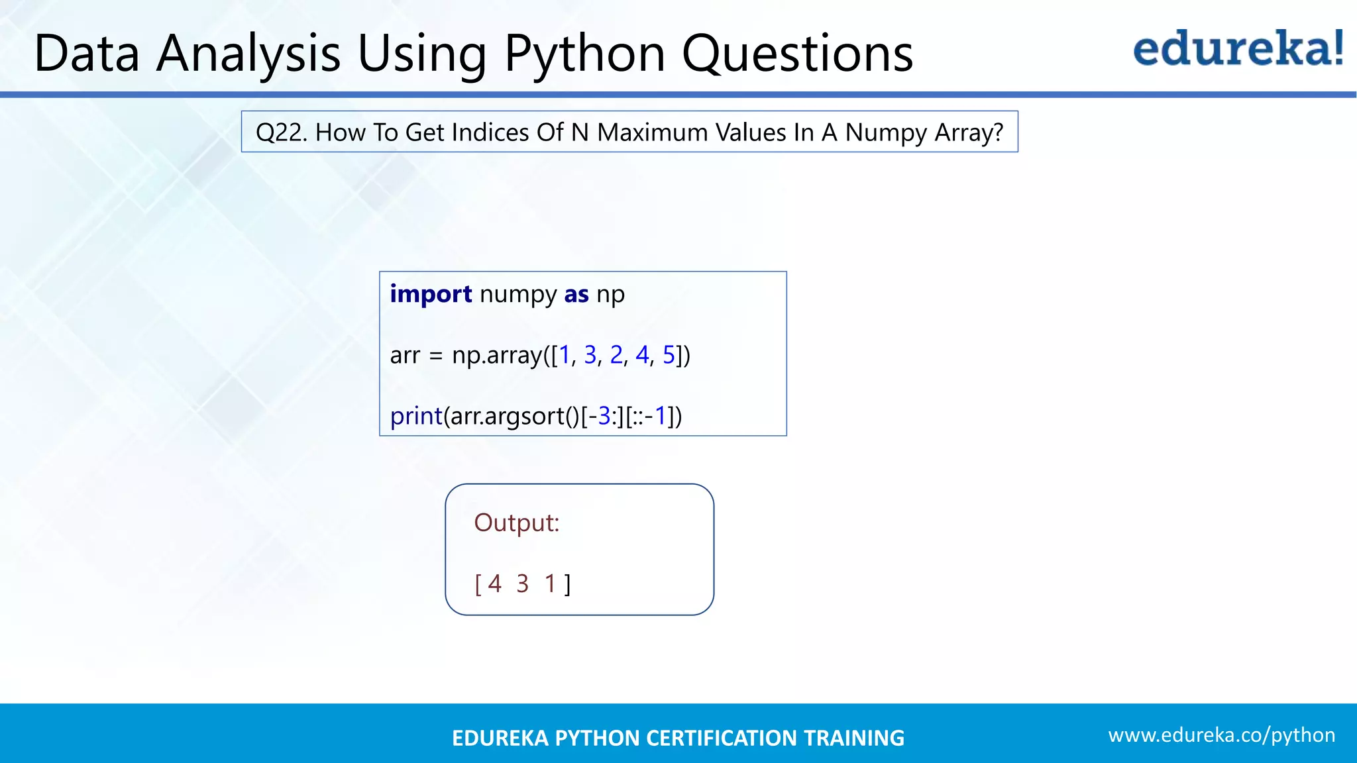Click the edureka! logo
point(1238,49)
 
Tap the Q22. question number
point(281,132)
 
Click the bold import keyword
point(431,294)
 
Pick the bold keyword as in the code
point(576,294)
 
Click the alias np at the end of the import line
point(610,294)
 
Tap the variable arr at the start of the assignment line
point(405,356)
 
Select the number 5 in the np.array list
point(669,356)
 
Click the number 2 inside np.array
point(616,356)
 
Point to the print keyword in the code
point(416,417)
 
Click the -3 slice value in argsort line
point(600,417)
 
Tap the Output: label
point(517,523)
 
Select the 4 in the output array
point(494,584)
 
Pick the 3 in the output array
point(522,584)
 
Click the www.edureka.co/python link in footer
point(1221,735)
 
